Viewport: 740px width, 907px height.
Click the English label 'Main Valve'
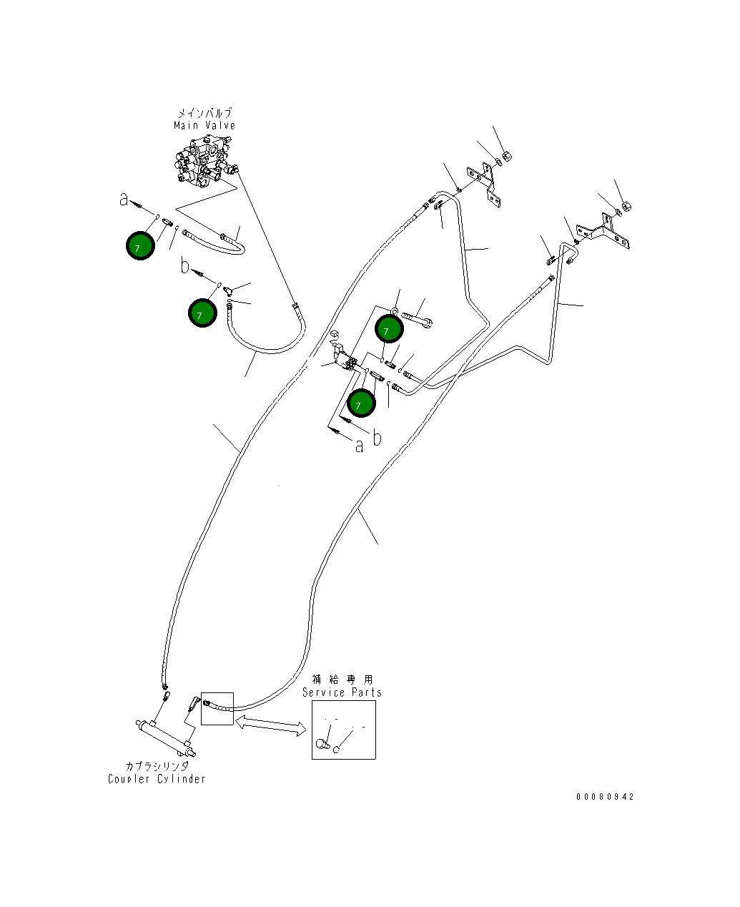pos(204,126)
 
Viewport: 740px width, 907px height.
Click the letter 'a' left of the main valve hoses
pos(124,200)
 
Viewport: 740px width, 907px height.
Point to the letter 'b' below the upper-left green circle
pos(184,267)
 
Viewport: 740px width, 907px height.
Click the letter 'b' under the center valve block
pos(378,438)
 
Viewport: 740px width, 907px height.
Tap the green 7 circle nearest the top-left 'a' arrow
pos(140,246)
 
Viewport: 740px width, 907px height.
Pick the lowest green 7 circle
pos(361,404)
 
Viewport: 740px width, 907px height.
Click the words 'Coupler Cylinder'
pos(157,779)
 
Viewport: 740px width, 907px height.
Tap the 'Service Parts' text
pos(342,692)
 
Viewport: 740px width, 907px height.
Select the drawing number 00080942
pos(605,797)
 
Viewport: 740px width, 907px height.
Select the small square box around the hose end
pos(217,708)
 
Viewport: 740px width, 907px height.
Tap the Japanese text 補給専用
pos(342,680)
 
